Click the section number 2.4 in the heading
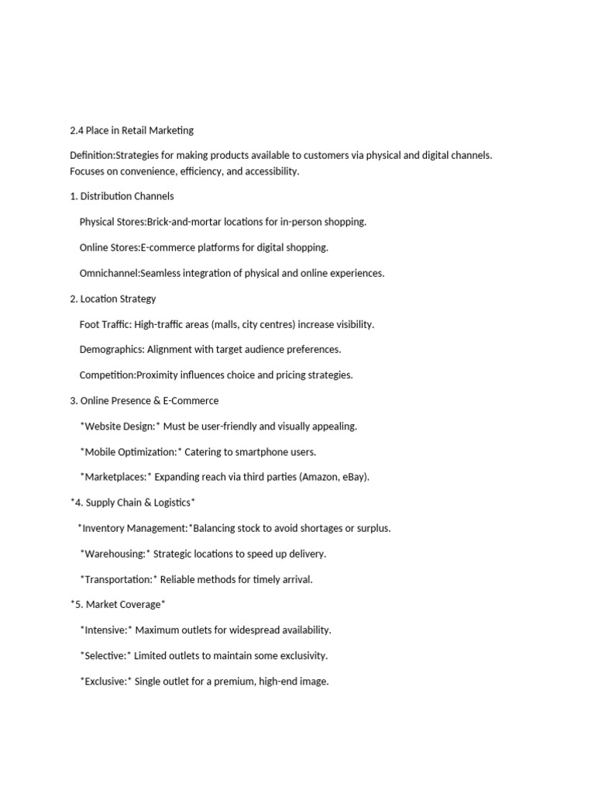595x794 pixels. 77,130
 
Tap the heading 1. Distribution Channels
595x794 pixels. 122,196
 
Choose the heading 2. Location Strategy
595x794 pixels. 113,299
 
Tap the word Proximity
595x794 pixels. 160,375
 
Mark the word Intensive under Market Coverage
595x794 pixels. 106,630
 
